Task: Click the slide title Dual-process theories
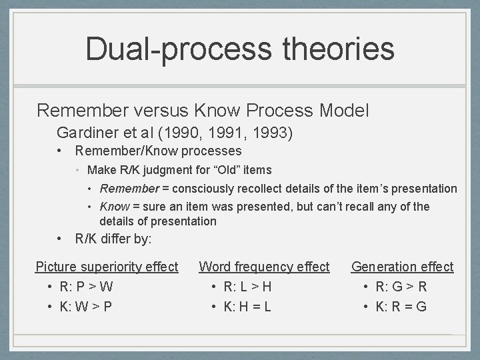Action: point(240,49)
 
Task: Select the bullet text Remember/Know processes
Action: point(158,151)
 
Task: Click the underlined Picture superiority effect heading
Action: point(107,267)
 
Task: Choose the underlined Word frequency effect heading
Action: point(264,267)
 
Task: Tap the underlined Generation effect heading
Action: point(402,267)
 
